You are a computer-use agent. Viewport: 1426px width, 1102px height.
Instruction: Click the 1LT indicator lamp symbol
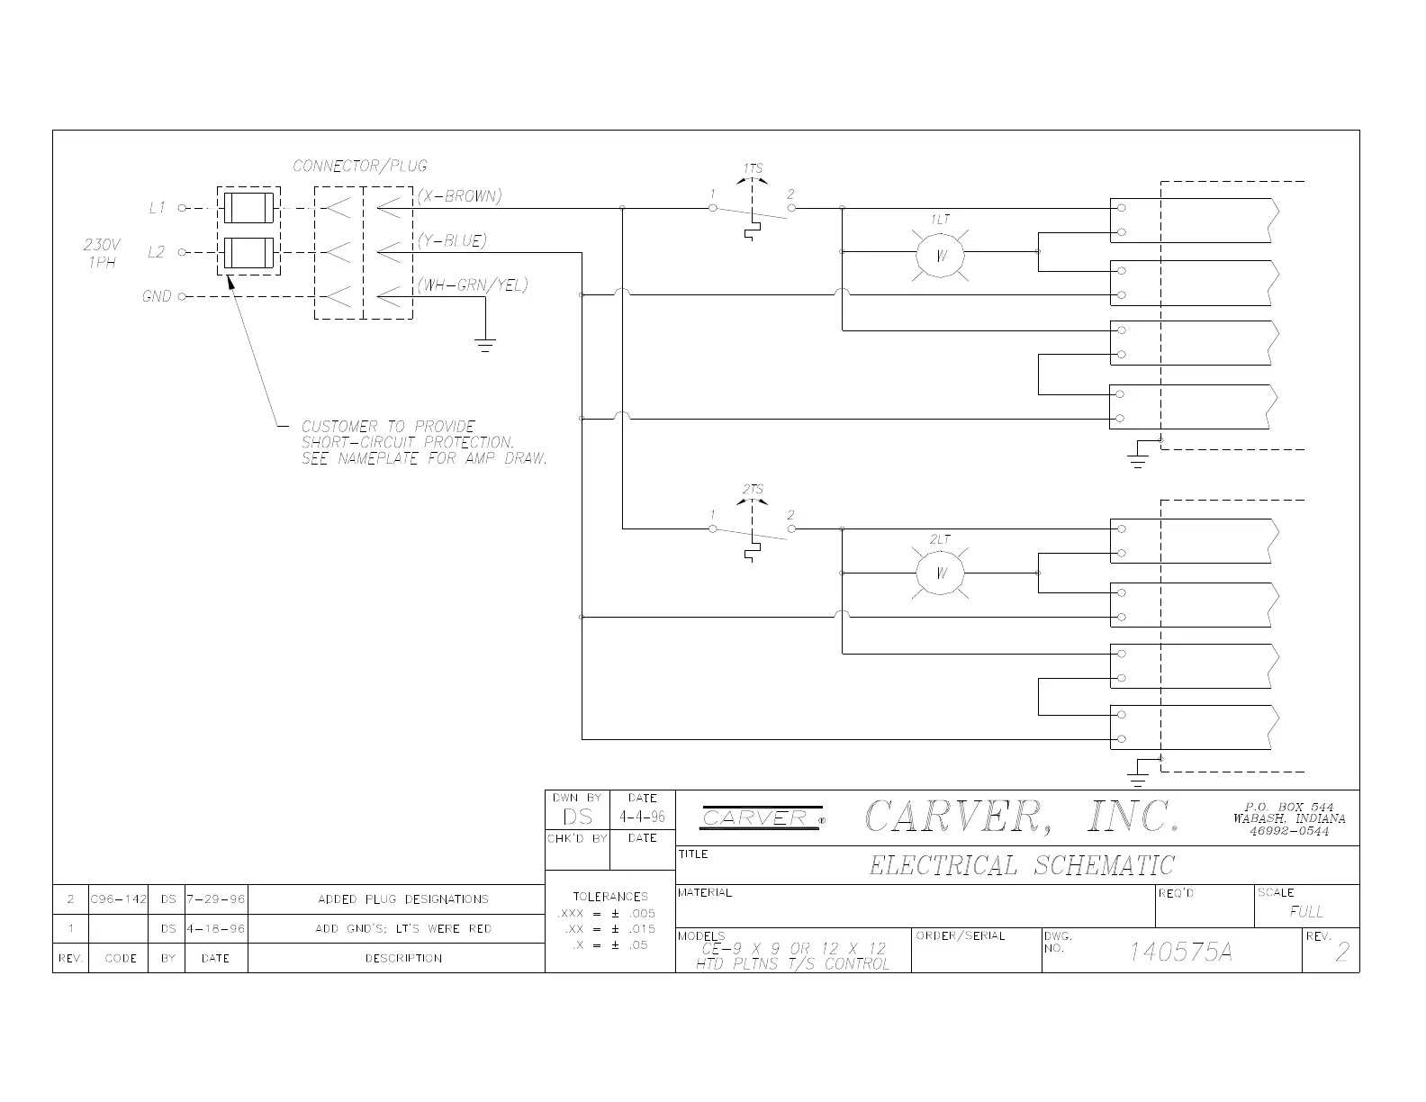tap(941, 254)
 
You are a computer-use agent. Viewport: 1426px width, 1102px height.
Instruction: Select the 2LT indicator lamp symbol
tap(940, 574)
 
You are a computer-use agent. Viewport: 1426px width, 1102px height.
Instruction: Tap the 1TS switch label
tap(753, 168)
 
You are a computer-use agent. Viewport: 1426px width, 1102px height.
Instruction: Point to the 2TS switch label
tap(753, 490)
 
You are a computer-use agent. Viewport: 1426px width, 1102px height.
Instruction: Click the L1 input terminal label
tap(158, 208)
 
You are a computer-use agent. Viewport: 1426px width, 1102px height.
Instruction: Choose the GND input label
tap(157, 296)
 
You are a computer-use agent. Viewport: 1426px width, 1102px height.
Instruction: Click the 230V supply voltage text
tap(102, 244)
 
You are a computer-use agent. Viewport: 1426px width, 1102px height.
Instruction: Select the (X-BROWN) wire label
tap(459, 196)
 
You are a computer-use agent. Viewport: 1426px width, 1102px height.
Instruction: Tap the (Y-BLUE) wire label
tap(451, 241)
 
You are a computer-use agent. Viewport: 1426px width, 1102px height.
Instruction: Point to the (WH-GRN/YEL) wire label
tap(472, 285)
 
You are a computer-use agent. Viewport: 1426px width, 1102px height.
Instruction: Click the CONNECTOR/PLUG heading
tap(360, 166)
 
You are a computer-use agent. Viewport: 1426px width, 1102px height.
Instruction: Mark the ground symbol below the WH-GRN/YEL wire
tap(485, 343)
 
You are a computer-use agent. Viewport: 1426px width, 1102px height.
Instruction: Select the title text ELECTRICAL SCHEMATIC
tap(1022, 866)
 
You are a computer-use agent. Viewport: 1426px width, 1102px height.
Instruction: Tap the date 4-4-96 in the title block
tap(642, 817)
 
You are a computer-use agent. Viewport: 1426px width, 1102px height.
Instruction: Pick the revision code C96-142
tap(118, 899)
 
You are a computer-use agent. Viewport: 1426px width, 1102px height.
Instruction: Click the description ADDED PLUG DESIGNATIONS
tap(403, 899)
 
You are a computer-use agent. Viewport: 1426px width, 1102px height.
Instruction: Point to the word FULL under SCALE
tap(1306, 911)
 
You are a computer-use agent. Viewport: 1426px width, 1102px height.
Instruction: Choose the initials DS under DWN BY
tap(577, 817)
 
